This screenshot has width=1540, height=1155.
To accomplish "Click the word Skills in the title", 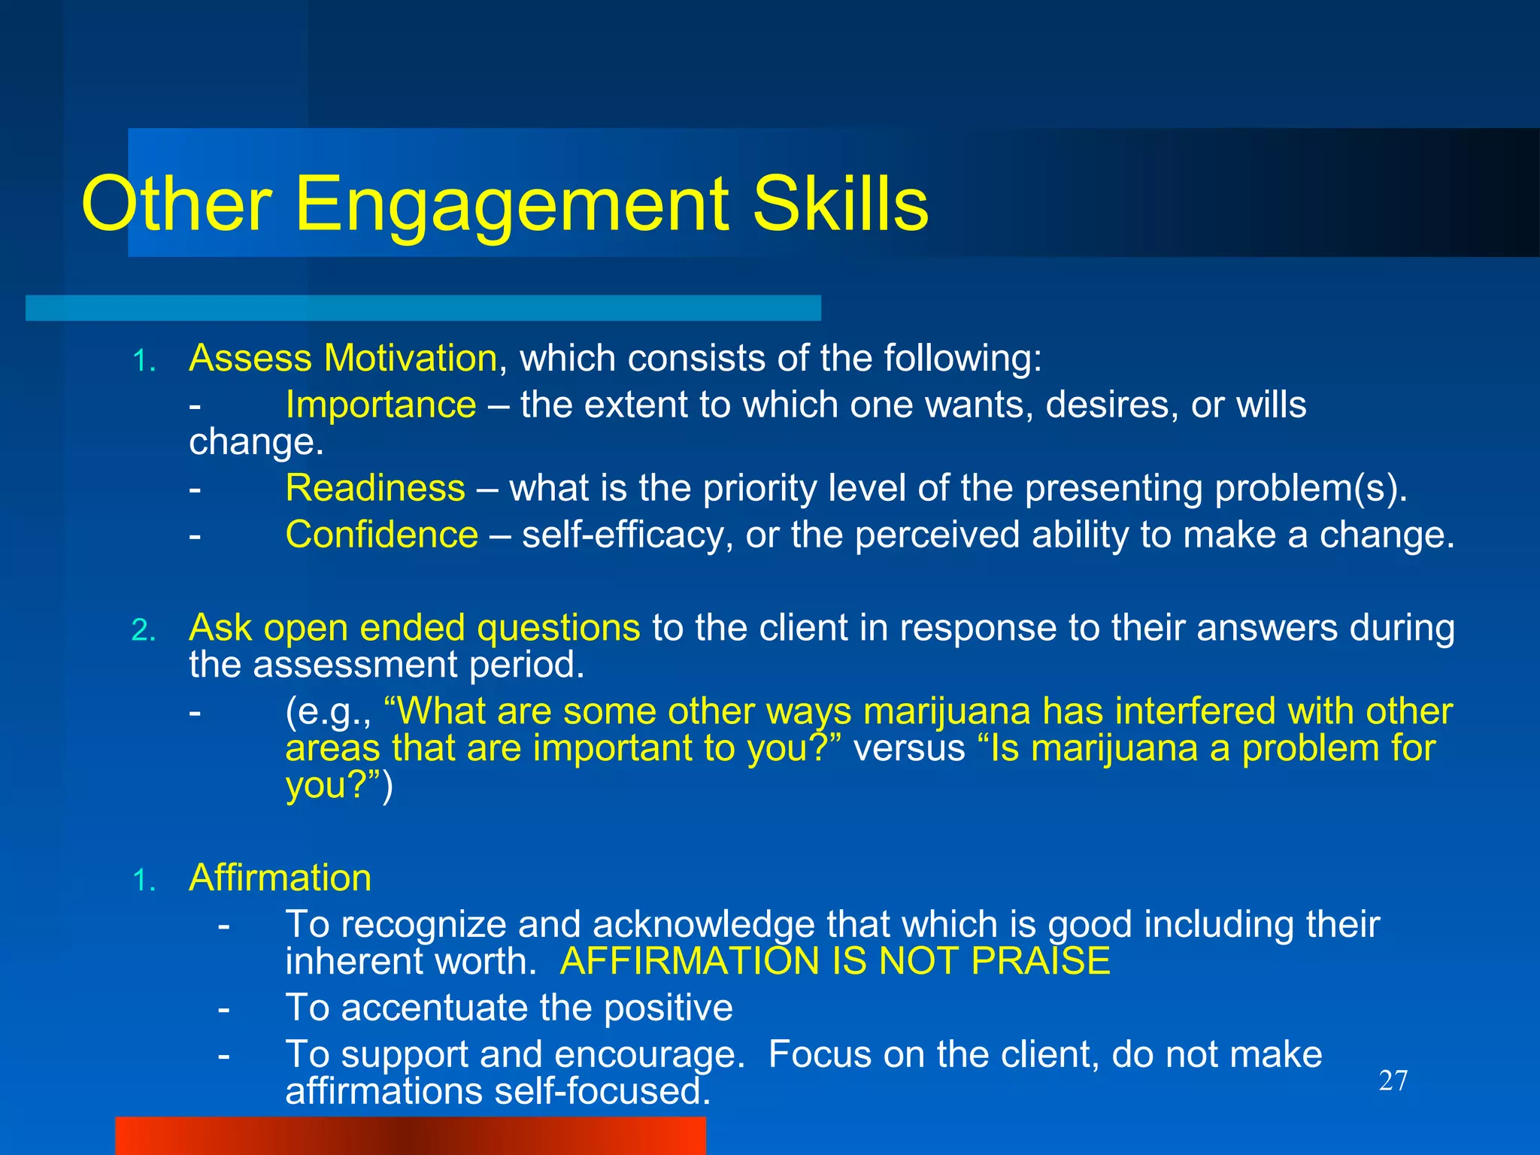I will (840, 205).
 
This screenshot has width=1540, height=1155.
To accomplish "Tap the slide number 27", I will (1393, 1081).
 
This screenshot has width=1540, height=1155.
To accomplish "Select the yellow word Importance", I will (380, 405).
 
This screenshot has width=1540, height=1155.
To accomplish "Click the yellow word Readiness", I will (375, 488).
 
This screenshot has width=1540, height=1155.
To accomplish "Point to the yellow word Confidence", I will (381, 535).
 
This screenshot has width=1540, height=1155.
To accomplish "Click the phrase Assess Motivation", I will (343, 358).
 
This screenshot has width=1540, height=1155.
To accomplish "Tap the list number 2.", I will (143, 630).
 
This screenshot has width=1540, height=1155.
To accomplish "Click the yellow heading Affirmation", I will (280, 878).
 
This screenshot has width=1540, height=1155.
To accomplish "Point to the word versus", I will (908, 748).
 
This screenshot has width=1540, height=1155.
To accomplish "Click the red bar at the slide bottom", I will (410, 1135).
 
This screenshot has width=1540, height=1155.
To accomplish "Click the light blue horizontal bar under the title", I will (423, 308).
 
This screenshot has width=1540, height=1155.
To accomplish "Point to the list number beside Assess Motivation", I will (143, 361).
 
